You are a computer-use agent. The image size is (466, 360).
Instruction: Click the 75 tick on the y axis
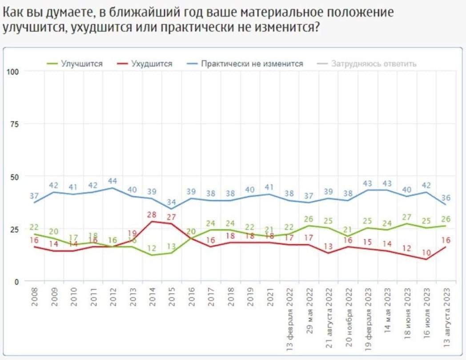click(15, 124)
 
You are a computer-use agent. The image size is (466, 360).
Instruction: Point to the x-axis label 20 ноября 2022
click(349, 318)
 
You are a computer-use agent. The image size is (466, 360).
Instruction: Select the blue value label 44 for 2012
click(113, 181)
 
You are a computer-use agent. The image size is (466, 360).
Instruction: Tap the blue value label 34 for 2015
click(172, 202)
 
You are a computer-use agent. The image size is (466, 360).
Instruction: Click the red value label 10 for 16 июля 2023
click(426, 252)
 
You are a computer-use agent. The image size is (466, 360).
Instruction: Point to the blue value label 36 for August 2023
click(446, 198)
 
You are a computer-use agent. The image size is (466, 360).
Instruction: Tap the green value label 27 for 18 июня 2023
click(407, 217)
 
